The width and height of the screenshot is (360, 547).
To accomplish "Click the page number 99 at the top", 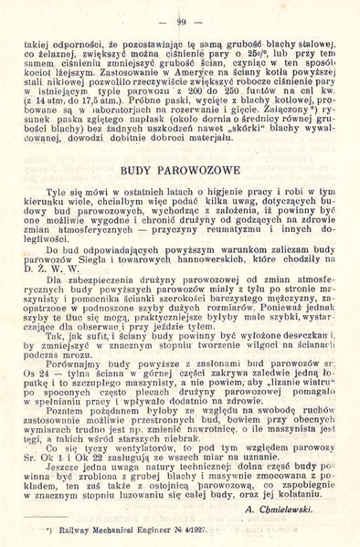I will [182, 21].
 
